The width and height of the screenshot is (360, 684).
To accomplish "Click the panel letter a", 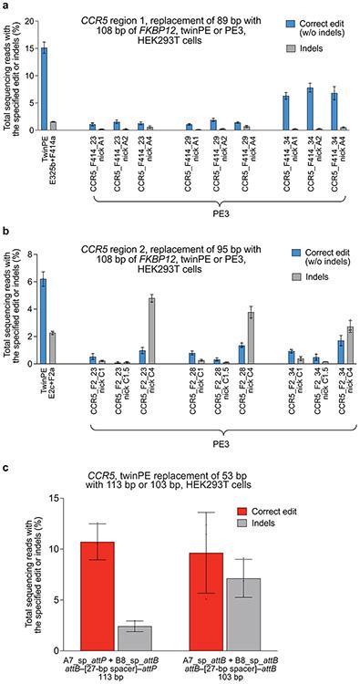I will coord(5,5).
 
